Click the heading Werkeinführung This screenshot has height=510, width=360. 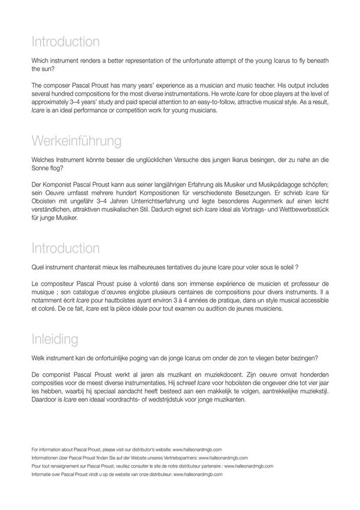coord(77,141)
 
